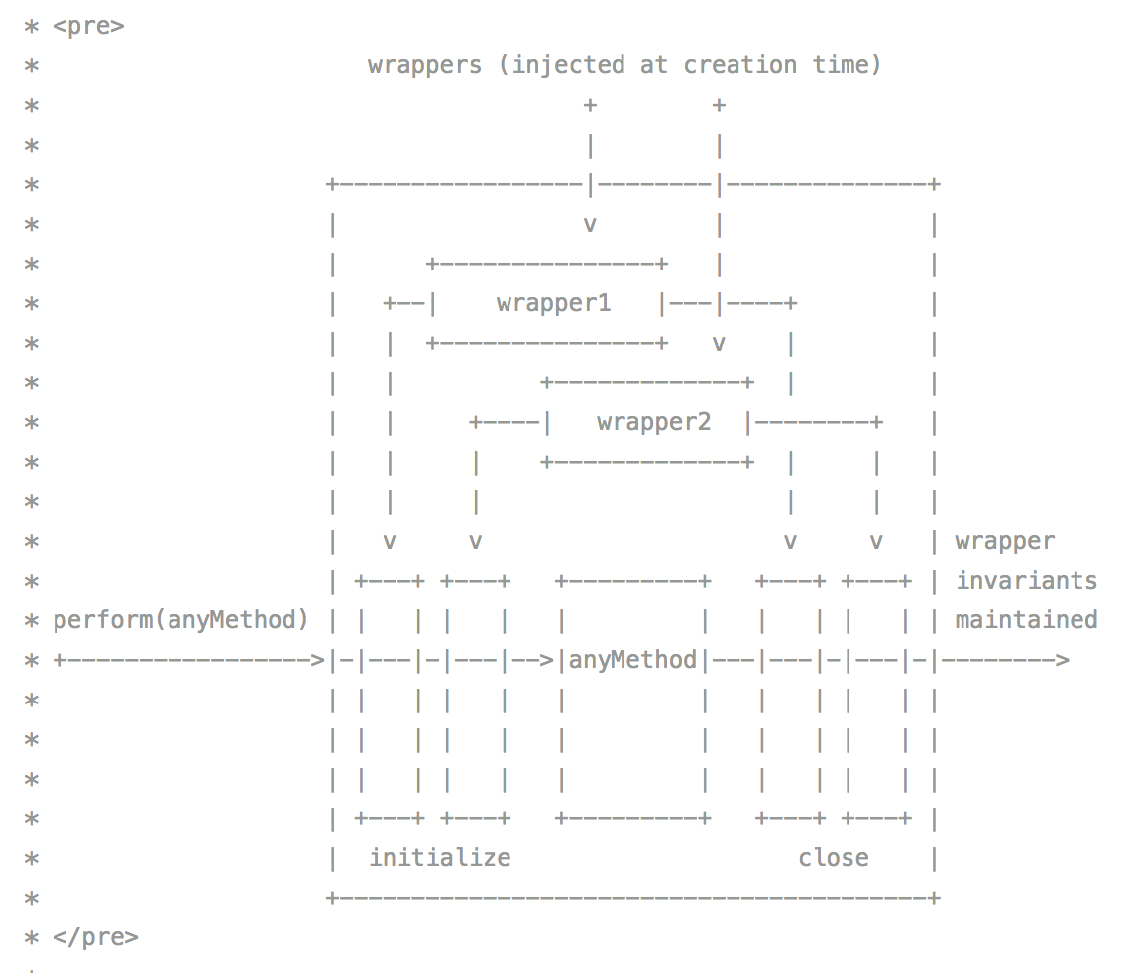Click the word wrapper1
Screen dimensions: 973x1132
pyautogui.click(x=553, y=303)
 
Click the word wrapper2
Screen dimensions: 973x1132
pyautogui.click(x=653, y=422)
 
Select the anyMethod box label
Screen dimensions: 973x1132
pyautogui.click(x=632, y=660)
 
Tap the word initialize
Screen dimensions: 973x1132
pyautogui.click(x=439, y=858)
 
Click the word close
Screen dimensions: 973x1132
pyautogui.click(x=833, y=858)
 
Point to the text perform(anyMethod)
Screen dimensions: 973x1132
pyautogui.click(x=180, y=620)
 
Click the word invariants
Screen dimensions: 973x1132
pyautogui.click(x=1026, y=581)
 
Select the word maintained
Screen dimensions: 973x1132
pyautogui.click(x=1026, y=620)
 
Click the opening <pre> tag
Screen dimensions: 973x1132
pyautogui.click(x=88, y=26)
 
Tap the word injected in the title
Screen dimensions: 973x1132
pyautogui.click(x=568, y=65)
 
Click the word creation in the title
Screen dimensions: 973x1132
pyautogui.click(x=739, y=65)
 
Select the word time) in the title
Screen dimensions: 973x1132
pyautogui.click(x=847, y=65)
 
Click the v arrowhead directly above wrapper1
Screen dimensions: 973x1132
pyautogui.click(x=590, y=225)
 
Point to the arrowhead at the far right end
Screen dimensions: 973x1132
pyautogui.click(x=1061, y=660)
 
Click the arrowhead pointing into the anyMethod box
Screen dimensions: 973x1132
pyautogui.click(x=547, y=660)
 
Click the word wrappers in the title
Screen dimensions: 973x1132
pyautogui.click(x=424, y=65)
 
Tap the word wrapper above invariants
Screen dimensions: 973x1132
pyautogui.click(x=1004, y=541)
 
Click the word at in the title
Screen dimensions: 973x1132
pyautogui.click(x=653, y=65)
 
